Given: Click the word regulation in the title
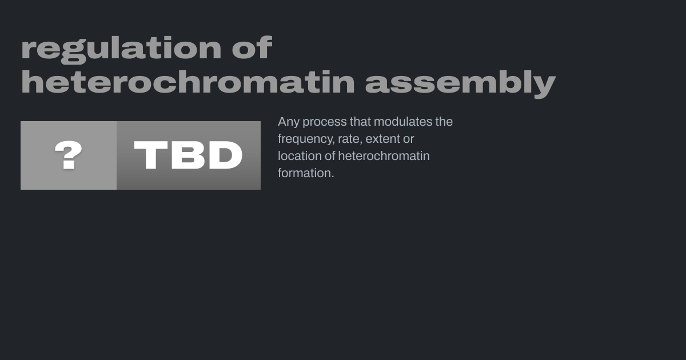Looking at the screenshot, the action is point(121,50).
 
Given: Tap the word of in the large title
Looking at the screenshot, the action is point(252,47).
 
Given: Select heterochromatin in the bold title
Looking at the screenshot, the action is point(188,82).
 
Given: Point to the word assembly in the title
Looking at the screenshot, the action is point(460,84).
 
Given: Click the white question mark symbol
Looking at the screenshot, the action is point(68,155).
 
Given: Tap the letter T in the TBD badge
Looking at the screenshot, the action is point(151,155).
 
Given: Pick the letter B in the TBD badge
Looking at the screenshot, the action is point(188,155).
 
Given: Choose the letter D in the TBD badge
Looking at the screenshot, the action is point(225,155).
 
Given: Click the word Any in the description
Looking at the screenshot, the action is point(289,122).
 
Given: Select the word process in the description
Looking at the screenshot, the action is point(325,122).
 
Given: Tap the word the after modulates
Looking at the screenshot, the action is point(444,122).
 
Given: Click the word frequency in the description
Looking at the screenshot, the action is point(306,139).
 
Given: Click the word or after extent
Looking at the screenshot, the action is point(409,139).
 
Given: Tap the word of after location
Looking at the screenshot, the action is point(330,156).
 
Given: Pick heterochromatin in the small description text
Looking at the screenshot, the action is point(384,156).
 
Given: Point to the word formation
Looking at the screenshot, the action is point(306,173).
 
